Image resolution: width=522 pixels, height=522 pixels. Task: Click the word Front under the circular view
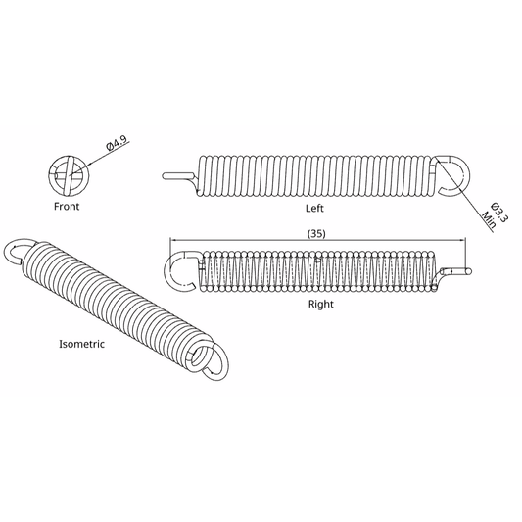(67, 207)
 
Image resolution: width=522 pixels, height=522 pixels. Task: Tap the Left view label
(314, 209)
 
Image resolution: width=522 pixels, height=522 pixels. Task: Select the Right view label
(320, 305)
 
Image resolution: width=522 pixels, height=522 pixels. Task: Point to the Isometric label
(81, 345)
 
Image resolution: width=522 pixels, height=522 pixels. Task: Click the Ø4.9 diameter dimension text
(118, 146)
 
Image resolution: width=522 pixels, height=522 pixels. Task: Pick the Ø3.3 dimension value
(497, 214)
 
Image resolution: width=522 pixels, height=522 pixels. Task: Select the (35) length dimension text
(316, 233)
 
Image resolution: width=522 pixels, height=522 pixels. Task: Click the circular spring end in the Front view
(68, 173)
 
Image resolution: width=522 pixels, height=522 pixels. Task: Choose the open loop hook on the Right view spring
(182, 270)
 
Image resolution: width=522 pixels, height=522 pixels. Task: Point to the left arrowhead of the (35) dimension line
(173, 241)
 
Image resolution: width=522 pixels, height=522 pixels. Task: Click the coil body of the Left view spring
(313, 173)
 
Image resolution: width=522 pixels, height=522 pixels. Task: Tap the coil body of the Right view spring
(318, 271)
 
